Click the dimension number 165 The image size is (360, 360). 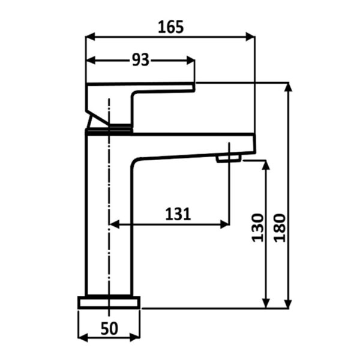coord(171,27)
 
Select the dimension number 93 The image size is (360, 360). coord(140,60)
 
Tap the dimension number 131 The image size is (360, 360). coord(178,214)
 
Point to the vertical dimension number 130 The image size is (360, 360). coord(257,227)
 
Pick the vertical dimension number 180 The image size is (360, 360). coord(280,227)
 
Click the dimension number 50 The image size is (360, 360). coord(109,328)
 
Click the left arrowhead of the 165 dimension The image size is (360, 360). coord(90,37)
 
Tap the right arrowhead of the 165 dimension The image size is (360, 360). coord(250,37)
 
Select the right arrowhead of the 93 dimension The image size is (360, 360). coord(191,61)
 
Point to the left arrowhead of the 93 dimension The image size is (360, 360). coord(91,61)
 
